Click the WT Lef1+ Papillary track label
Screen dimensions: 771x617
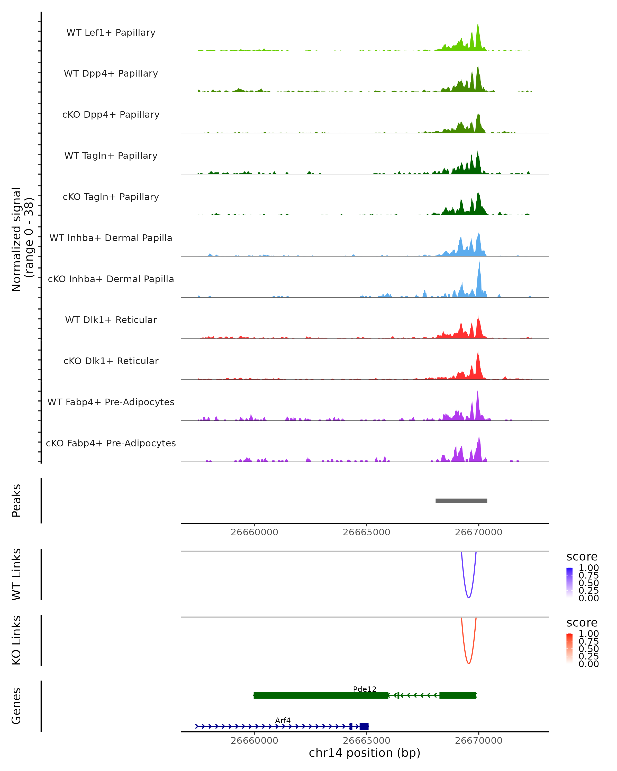point(111,33)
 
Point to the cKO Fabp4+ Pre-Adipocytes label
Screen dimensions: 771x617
point(111,443)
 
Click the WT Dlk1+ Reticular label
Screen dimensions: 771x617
point(111,320)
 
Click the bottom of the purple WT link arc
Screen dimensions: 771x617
point(469,598)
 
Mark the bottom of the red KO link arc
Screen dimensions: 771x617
point(469,663)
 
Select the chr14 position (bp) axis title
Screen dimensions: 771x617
point(365,753)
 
